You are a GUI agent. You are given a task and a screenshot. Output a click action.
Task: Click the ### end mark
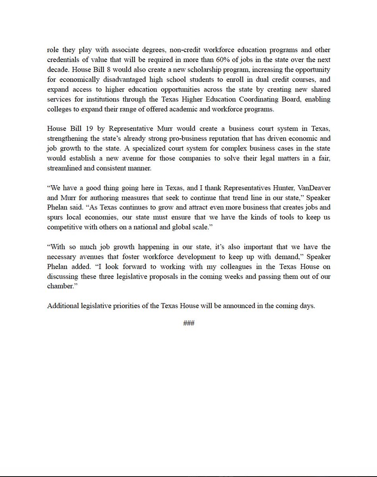pos(188,323)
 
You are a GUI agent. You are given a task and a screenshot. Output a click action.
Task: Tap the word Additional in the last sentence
pos(62,306)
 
